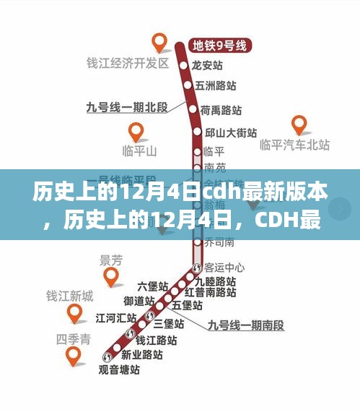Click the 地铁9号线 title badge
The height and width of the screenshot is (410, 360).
click(219, 46)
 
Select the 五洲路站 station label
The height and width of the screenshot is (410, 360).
click(216, 85)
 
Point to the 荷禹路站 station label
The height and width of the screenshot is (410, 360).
click(221, 111)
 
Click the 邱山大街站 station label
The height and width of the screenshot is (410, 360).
click(231, 132)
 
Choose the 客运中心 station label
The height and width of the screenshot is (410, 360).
click(224, 267)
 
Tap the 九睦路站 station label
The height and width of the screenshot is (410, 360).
click(221, 280)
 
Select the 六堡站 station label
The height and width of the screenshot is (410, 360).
click(152, 286)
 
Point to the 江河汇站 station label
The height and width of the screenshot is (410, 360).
click(116, 317)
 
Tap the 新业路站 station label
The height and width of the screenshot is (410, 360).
click(141, 354)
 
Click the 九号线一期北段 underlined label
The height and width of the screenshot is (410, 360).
click(126, 107)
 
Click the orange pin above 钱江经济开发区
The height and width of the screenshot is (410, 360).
click(159, 43)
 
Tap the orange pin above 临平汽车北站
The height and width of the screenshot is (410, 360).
click(298, 124)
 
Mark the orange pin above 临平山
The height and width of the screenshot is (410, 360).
click(136, 132)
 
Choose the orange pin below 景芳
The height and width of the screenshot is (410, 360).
click(111, 276)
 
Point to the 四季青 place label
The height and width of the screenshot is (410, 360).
click(74, 338)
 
